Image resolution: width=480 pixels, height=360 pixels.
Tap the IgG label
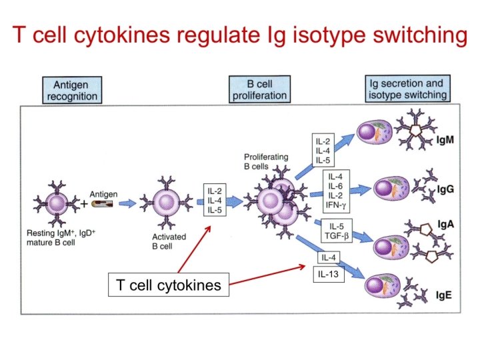(445, 189)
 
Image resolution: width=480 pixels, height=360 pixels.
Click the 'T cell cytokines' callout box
(168, 286)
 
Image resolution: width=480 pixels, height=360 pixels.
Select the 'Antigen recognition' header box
(71, 90)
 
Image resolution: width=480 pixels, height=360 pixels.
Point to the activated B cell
(165, 201)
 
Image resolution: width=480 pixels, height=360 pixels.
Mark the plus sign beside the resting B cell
(84, 203)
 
